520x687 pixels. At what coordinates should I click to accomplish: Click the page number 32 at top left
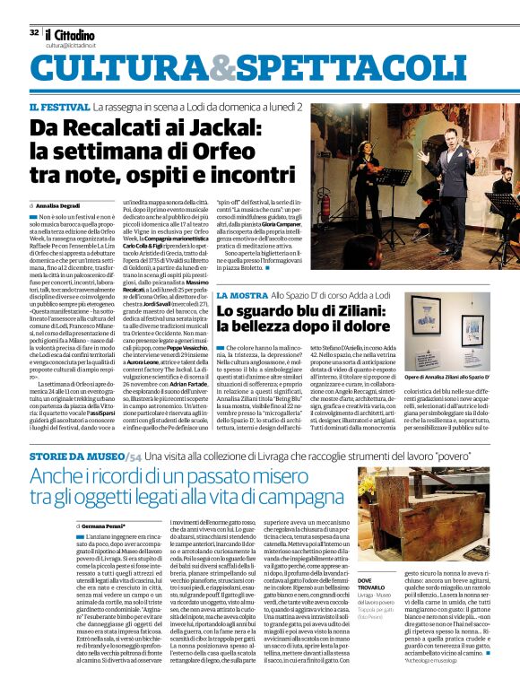tap(33, 31)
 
